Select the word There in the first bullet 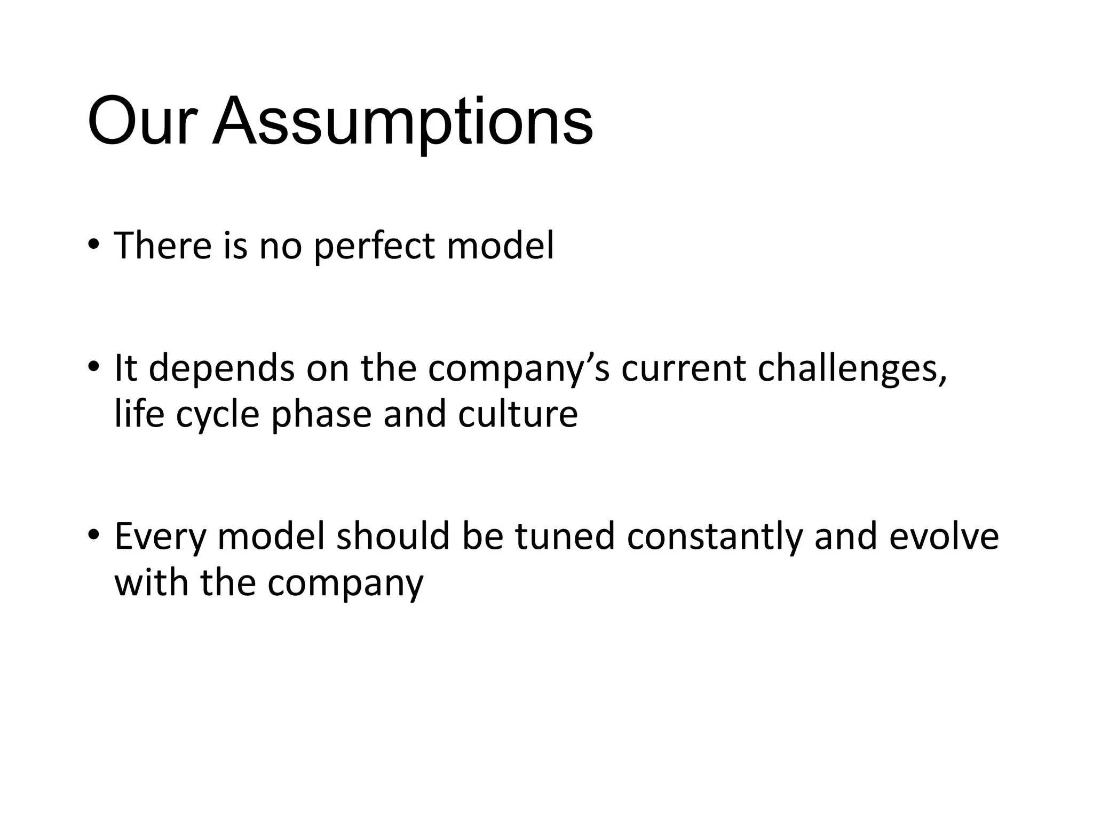click(163, 246)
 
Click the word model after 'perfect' click(500, 246)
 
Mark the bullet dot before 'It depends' click(93, 367)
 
